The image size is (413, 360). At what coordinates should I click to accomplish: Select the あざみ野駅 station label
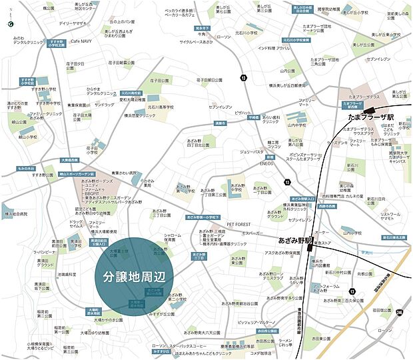296,239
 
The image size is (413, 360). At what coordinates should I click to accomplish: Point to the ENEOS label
267,163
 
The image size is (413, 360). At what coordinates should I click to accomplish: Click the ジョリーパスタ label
251,151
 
